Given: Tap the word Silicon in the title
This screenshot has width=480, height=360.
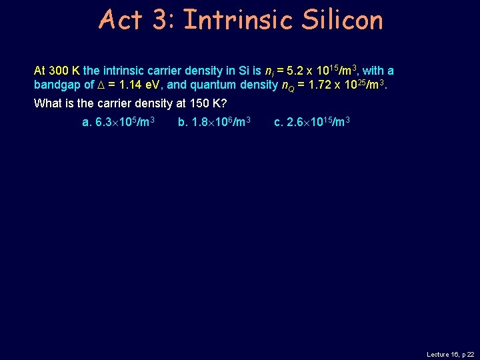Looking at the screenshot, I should [x=341, y=20].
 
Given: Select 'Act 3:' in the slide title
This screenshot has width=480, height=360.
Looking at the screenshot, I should [x=135, y=20].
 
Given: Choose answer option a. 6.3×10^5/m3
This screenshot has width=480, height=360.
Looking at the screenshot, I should [x=119, y=122].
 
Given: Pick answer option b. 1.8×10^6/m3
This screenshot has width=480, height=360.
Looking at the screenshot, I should [x=214, y=122].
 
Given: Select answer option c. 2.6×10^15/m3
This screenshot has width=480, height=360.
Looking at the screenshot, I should [x=312, y=122].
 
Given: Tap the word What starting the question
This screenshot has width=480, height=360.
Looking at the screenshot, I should [x=47, y=104].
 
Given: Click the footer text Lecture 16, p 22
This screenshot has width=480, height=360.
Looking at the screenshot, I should [x=450, y=355].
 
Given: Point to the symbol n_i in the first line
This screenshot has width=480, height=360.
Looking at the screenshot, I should [x=269, y=71].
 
